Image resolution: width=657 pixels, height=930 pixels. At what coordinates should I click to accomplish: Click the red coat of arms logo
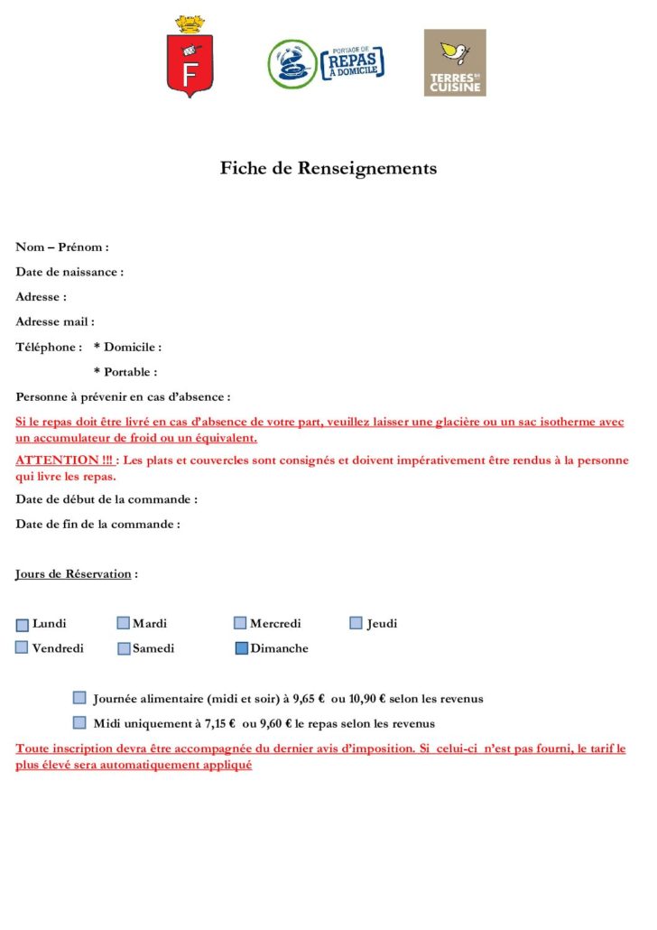tap(190, 58)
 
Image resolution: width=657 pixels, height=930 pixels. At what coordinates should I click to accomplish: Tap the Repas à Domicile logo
tap(325, 63)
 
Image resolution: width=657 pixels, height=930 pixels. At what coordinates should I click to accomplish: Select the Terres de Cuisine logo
tap(455, 62)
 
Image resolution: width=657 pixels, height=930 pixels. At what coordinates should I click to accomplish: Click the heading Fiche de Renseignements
tap(328, 168)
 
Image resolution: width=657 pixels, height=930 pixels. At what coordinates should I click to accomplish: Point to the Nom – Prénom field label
tap(62, 247)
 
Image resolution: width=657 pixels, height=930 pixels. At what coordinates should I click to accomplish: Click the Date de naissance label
tap(69, 272)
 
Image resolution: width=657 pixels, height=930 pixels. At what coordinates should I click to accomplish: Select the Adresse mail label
tap(55, 321)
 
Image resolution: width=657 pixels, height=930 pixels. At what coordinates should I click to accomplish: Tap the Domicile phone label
tap(128, 347)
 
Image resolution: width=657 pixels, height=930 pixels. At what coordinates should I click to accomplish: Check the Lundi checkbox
tap(23, 624)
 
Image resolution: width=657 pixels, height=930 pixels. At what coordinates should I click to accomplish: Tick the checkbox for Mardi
tap(124, 623)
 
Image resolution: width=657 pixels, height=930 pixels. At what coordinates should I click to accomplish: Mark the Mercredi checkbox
tap(240, 623)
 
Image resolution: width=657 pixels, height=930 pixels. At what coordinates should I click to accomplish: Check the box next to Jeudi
tap(356, 623)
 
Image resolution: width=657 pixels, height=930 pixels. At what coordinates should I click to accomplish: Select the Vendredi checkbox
tap(22, 647)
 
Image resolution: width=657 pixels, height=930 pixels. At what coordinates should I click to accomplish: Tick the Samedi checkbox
tap(124, 648)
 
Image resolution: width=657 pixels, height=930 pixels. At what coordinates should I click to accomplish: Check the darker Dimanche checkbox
tap(241, 648)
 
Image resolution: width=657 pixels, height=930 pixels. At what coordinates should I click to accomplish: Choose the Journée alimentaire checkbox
tap(79, 698)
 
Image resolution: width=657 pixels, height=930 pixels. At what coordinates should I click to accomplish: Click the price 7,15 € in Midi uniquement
tap(219, 723)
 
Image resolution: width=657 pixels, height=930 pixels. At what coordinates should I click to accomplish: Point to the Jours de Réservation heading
tap(73, 574)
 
